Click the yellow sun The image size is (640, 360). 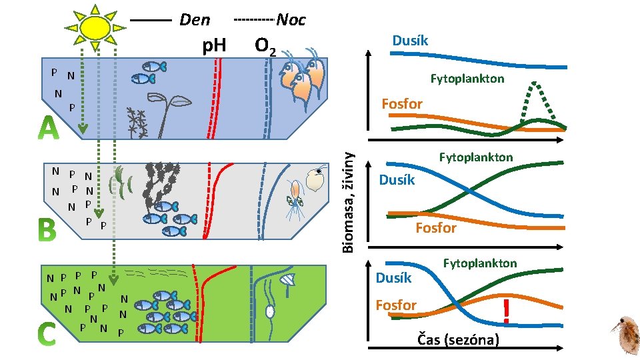pos(95,27)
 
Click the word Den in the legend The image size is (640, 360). pos(194,20)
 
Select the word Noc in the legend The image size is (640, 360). pos(291,20)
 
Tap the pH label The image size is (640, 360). pos(214,46)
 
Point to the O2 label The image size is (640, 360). pos(266,47)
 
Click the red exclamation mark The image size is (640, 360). pos(507,311)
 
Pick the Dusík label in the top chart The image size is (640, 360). pos(410,41)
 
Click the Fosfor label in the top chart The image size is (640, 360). pos(401,103)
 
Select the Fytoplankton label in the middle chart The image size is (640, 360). pos(475,157)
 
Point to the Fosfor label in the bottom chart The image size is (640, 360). pos(396,305)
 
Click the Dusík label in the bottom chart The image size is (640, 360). pos(394,277)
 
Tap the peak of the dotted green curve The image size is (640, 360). pos(535,83)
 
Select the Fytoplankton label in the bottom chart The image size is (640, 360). pos(480,263)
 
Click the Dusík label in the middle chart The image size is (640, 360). pos(397,180)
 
